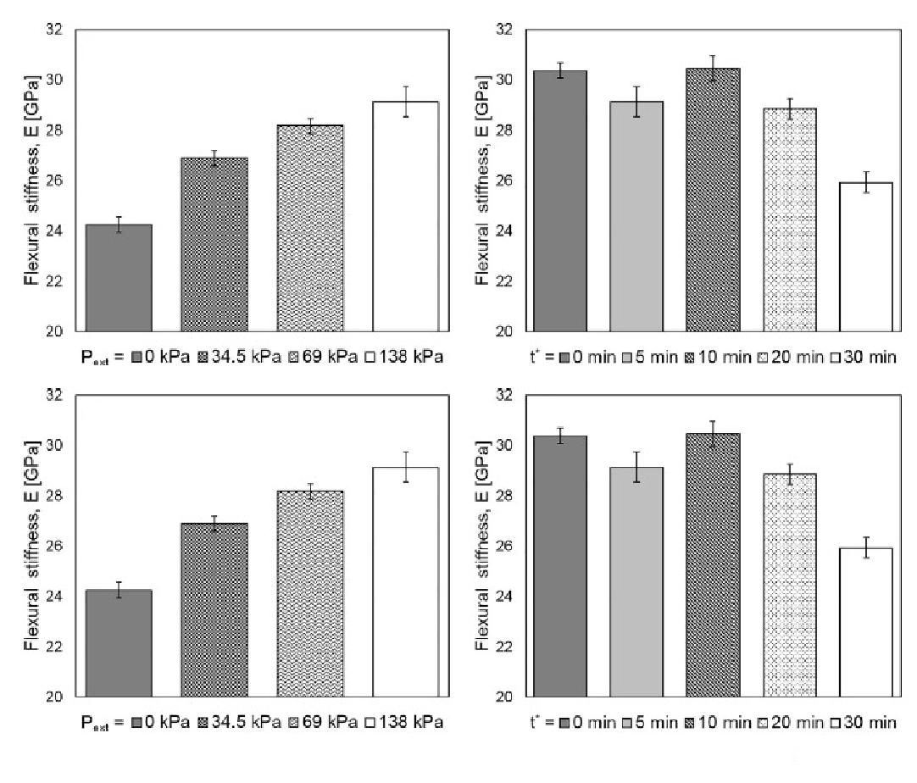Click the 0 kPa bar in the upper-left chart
click(119, 278)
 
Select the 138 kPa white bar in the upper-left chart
click(406, 216)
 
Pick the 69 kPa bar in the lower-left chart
click(310, 593)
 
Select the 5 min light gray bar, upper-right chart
click(636, 216)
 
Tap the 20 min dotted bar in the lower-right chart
click(789, 585)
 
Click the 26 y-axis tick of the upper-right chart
click(509, 180)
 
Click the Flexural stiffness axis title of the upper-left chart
click(31, 180)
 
